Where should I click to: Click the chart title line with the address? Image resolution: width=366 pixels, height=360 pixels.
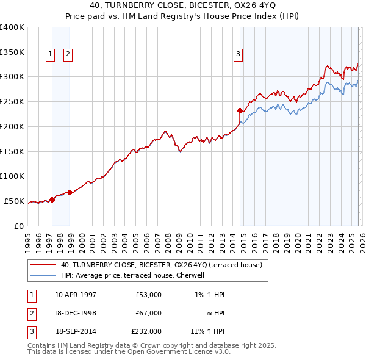[182, 5]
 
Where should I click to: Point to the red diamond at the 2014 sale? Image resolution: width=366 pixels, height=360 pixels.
[240, 110]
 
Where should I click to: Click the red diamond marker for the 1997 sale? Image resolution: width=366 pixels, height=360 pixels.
[52, 199]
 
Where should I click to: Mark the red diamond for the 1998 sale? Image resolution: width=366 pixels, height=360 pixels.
[70, 192]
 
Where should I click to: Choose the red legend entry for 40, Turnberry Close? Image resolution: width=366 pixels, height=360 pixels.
[161, 265]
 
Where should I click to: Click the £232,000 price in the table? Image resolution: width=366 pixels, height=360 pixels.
[146, 331]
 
